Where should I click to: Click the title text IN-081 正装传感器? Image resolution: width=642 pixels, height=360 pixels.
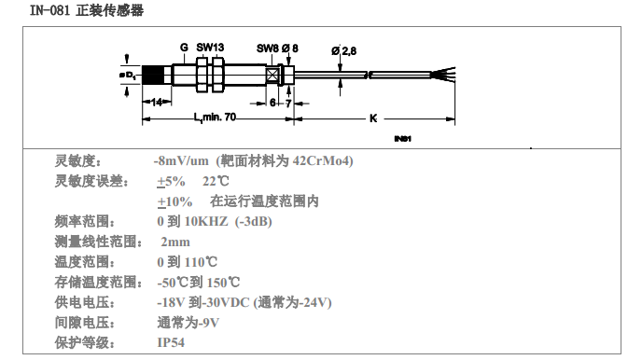pos(87,10)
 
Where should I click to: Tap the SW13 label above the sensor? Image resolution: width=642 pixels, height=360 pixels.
pos(210,48)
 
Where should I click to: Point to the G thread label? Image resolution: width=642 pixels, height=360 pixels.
pos(184,48)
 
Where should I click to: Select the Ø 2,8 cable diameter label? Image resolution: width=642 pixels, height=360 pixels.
pos(344,50)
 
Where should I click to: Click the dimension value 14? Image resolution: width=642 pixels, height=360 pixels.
pos(157,102)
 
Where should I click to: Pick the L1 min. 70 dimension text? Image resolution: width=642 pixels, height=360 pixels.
pos(215,118)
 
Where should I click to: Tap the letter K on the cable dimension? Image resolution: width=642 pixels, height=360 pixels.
pos(373,118)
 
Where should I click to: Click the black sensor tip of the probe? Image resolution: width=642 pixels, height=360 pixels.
pos(152,75)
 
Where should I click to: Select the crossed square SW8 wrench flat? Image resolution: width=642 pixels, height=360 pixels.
pos(272,75)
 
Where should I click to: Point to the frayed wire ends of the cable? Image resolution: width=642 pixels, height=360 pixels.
pos(443,75)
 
